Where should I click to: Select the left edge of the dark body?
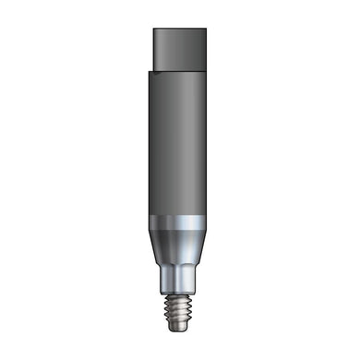click(x=146, y=143)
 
